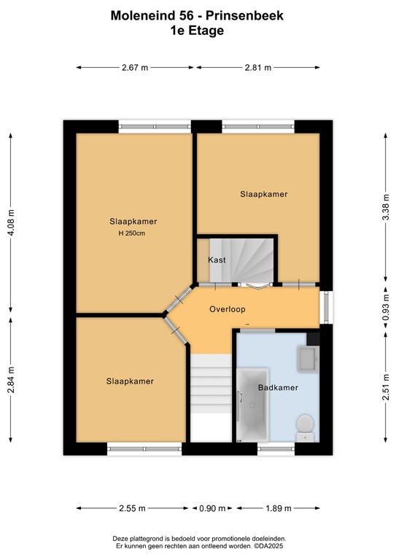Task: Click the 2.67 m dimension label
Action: click(x=135, y=67)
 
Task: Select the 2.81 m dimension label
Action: click(x=257, y=67)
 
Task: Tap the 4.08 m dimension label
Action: click(x=11, y=222)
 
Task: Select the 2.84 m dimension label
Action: click(x=11, y=399)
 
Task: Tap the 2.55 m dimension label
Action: click(x=131, y=508)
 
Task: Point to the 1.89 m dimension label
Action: click(x=277, y=508)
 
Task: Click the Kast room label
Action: click(x=217, y=260)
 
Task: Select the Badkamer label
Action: click(x=278, y=388)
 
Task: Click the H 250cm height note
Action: click(x=133, y=233)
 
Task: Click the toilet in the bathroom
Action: click(x=305, y=425)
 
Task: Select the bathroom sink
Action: click(x=306, y=358)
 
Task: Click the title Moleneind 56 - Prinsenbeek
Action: click(x=198, y=15)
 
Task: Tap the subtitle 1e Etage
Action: click(x=198, y=31)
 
